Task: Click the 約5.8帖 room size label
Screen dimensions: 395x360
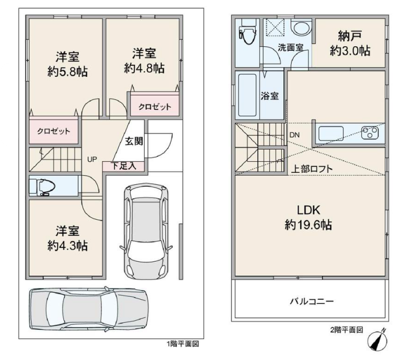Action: pos(68,72)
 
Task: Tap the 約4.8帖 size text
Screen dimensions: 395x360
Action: pos(145,68)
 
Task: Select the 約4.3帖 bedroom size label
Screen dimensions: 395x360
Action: pos(68,246)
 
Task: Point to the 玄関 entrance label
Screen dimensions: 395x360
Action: pos(134,141)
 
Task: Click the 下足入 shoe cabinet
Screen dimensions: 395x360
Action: pos(123,166)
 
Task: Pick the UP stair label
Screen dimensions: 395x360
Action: pos(92,159)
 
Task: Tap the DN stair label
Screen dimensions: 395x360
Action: pos(294,135)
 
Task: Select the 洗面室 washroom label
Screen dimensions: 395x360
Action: pos(290,47)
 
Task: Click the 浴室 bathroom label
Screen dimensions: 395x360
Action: pos(270,96)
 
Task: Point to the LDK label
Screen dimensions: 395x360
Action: pos(308,210)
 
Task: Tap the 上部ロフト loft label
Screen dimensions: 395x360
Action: pos(312,169)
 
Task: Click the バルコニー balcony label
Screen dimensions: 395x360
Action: pos(312,301)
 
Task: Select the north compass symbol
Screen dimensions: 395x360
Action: pos(378,340)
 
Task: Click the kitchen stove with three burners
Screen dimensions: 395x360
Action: pos(370,132)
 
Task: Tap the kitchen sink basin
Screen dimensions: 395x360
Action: pos(331,133)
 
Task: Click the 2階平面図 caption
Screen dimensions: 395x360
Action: pos(346,330)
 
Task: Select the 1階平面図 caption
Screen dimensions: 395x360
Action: pos(183,344)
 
